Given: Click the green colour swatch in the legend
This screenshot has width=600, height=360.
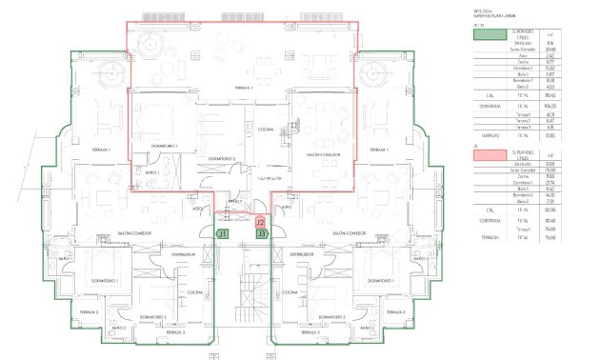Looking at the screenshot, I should [x=491, y=33].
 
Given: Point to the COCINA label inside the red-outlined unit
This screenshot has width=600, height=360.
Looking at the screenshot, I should [x=265, y=129].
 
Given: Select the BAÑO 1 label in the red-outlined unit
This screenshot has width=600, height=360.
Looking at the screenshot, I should [x=152, y=172].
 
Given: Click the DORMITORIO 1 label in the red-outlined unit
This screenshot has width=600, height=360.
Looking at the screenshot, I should [x=151, y=145].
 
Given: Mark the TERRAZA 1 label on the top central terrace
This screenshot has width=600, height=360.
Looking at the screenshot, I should [x=250, y=88].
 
